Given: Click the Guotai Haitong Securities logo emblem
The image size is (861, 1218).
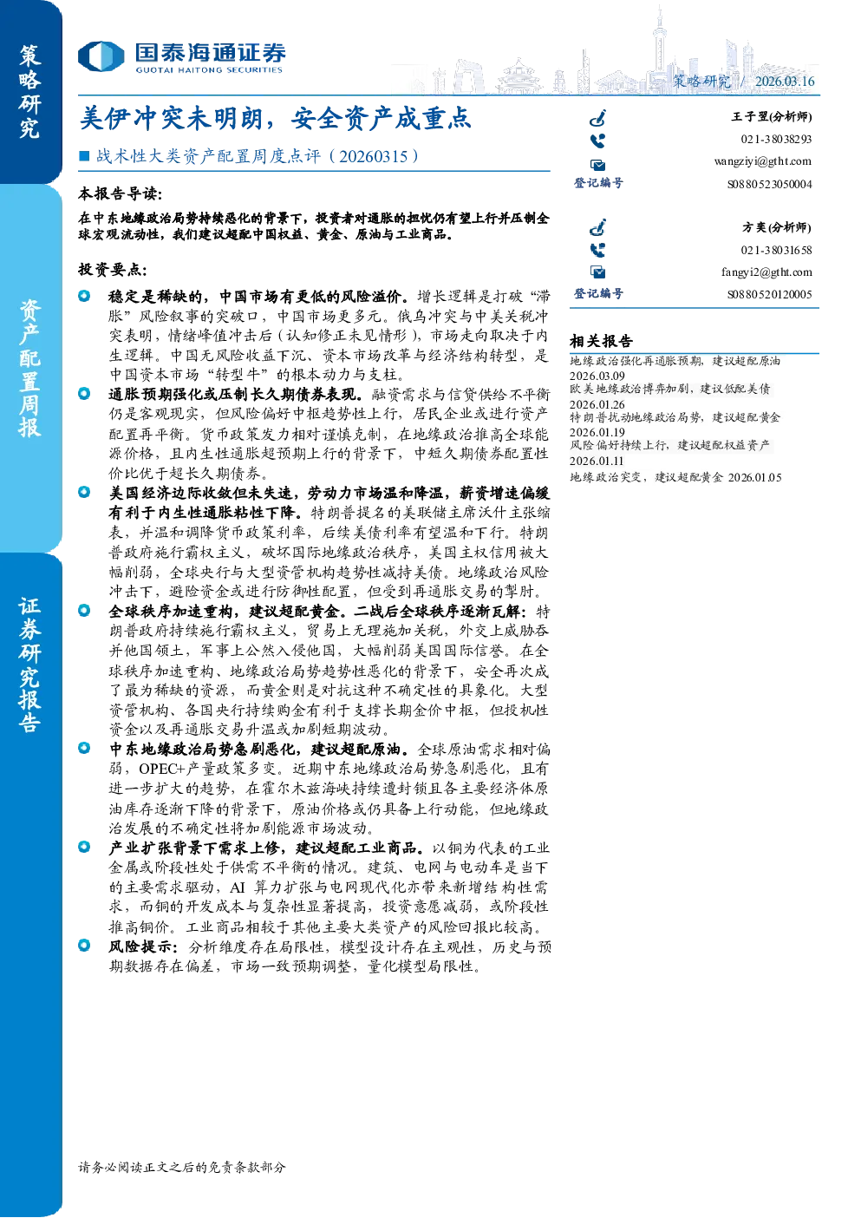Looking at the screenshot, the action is (101, 56).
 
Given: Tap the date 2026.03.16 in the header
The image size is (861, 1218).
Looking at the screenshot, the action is (785, 81).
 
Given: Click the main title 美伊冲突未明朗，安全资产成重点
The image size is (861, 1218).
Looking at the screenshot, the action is (275, 118).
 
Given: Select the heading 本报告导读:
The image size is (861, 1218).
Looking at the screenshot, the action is (120, 193).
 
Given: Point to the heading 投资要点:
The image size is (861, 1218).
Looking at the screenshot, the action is (113, 269).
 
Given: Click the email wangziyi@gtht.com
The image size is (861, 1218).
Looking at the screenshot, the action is (762, 161).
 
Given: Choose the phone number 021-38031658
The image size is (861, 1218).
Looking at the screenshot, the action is (776, 250).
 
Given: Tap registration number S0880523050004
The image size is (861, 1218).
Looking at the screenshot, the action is (769, 184).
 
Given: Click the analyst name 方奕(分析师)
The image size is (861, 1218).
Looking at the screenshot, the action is (777, 226).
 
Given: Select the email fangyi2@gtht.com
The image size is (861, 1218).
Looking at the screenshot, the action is (766, 272).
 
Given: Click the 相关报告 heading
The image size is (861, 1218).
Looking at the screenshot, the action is (601, 341).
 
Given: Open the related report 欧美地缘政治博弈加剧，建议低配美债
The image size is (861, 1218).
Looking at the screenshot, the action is (669, 389).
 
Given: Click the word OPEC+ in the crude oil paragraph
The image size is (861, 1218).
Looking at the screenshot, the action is (161, 769).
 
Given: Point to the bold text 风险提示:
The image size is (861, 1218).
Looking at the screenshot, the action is (143, 946).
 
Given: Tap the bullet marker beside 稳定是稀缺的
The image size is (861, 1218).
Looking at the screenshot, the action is (84, 296).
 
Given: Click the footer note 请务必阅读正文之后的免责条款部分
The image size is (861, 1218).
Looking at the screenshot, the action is (181, 1167).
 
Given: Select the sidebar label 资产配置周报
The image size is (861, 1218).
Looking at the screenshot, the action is (29, 368).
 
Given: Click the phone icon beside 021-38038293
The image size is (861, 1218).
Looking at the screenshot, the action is (597, 141).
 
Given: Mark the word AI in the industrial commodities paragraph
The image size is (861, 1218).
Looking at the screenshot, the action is (238, 887).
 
